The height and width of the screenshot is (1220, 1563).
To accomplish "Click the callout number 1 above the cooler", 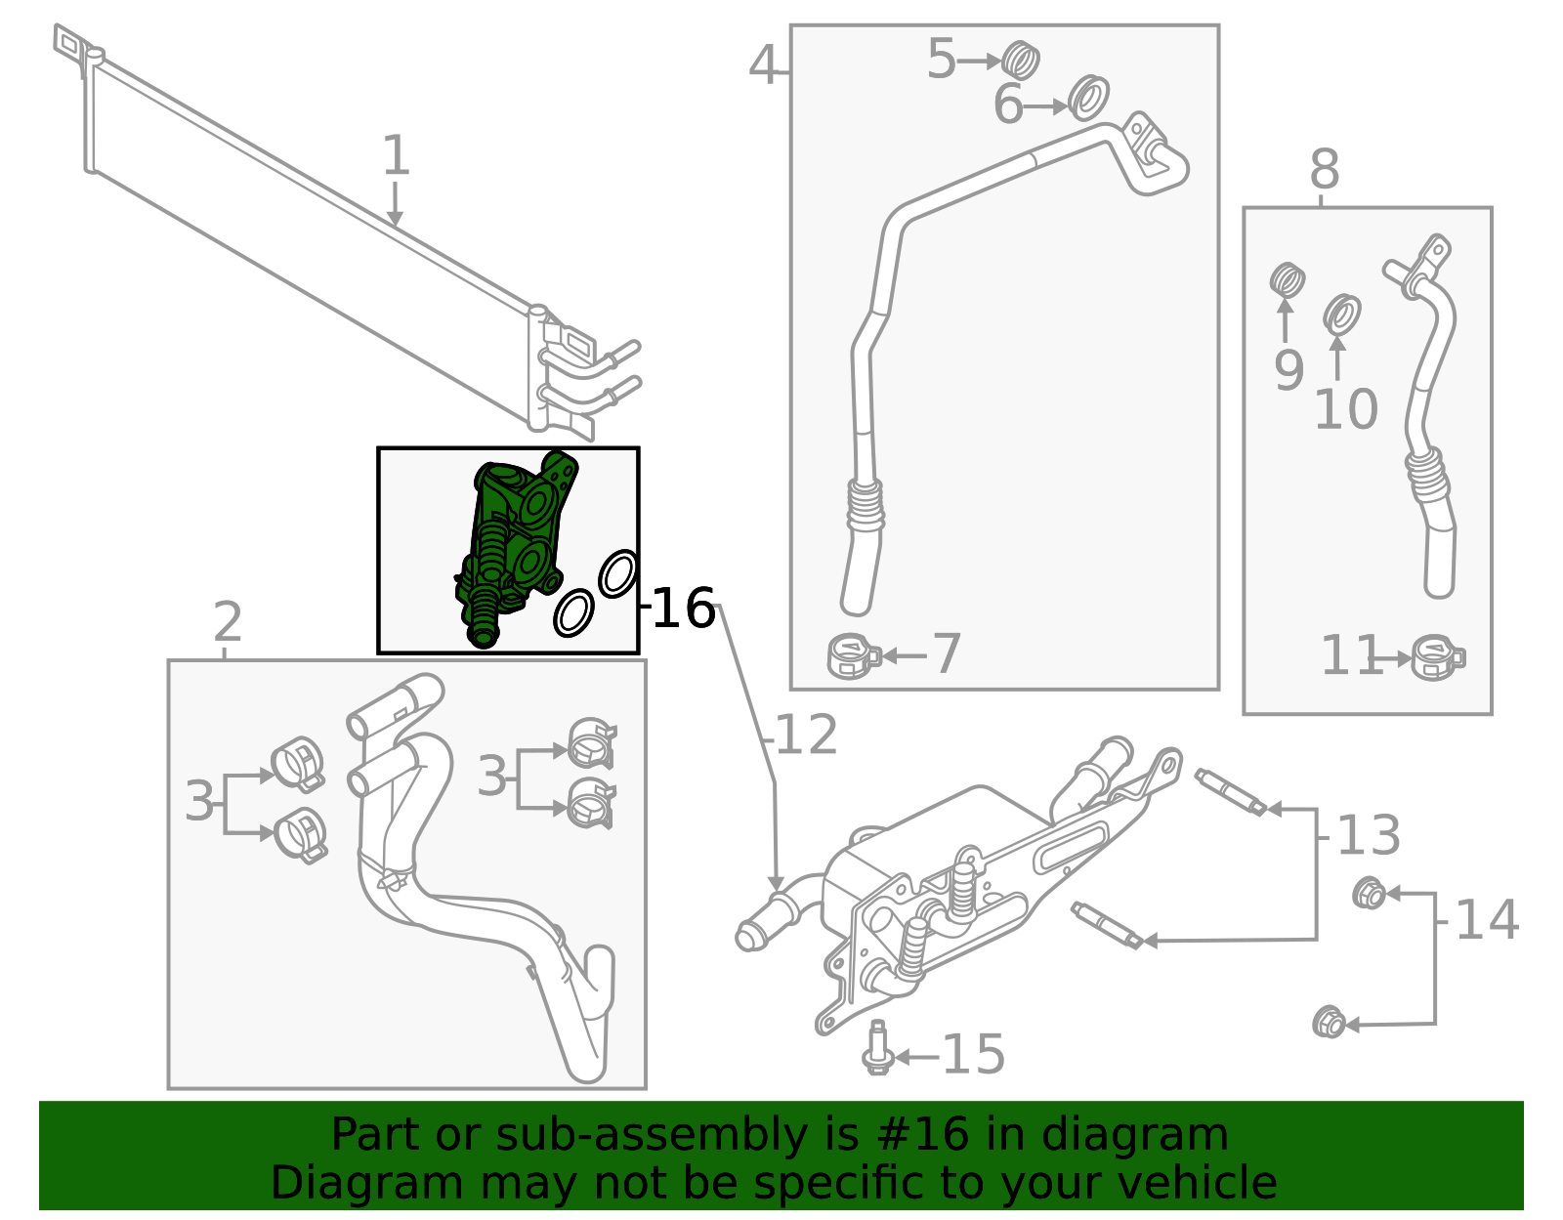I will point(395,156).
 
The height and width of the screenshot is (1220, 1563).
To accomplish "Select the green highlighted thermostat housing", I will point(513,537).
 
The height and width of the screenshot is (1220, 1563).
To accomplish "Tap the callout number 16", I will point(683,608).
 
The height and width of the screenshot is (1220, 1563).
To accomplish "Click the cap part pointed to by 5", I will point(1021,61).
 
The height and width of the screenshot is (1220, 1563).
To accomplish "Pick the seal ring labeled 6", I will point(1088,98).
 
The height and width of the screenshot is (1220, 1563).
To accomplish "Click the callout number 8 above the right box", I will point(1324,170).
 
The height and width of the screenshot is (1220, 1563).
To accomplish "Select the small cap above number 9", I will point(1288,281).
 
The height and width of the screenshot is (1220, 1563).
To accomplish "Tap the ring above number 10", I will point(1342,315).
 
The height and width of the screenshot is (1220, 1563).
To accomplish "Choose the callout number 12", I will point(807,736).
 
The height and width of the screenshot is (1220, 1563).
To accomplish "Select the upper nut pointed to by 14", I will point(1369,893).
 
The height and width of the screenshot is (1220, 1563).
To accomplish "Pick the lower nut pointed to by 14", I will point(1329,1023).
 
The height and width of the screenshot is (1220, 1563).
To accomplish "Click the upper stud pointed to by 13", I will point(1229,791).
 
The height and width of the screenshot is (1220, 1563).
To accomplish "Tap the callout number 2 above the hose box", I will point(227,622).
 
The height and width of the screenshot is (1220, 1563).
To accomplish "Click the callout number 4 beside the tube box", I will point(763,65).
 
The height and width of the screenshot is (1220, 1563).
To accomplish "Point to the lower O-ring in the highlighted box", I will point(573,612).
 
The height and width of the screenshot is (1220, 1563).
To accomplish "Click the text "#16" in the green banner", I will point(923,1135).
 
